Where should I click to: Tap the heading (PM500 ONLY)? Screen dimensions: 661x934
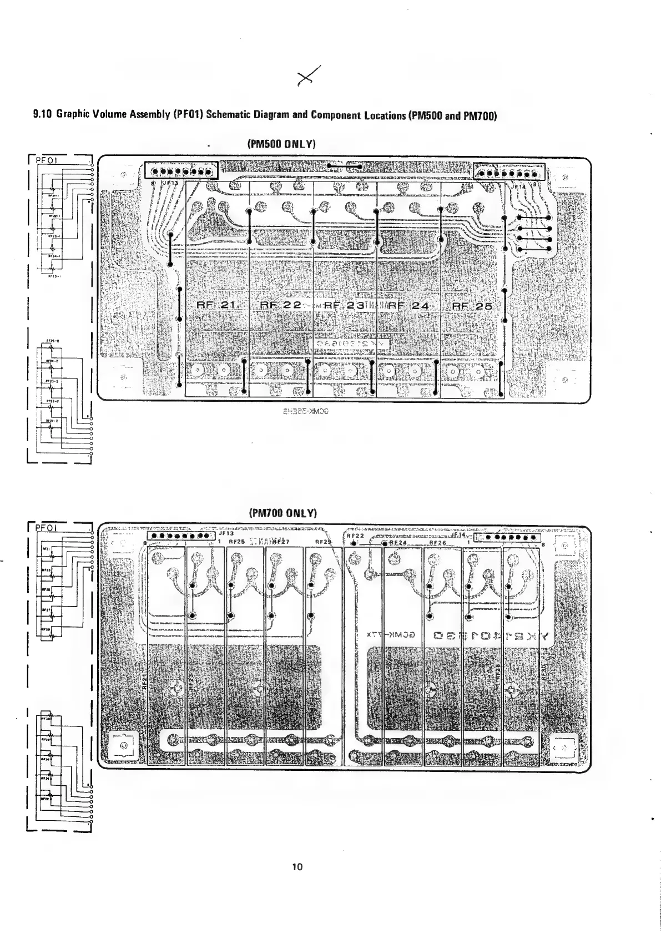(281, 144)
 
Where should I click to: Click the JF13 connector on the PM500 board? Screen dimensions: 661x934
(181, 171)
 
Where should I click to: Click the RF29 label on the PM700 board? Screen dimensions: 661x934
(322, 542)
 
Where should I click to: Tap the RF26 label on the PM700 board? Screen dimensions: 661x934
(438, 543)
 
